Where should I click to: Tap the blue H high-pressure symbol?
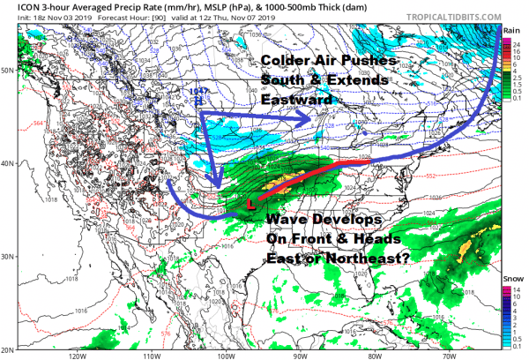200,101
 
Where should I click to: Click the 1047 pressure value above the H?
200,91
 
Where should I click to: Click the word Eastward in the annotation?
295,101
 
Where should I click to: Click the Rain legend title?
511,30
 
